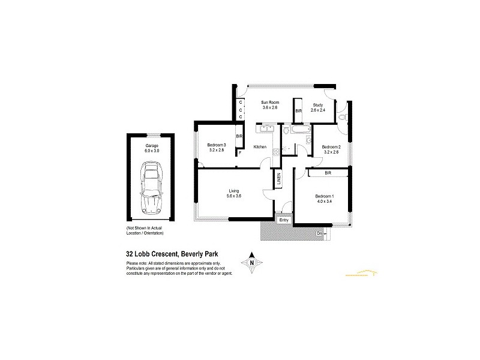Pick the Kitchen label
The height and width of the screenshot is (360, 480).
pyautogui.click(x=260, y=147)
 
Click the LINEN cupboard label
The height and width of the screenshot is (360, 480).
pyautogui.click(x=278, y=179)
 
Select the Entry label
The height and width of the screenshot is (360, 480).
pyautogui.click(x=284, y=220)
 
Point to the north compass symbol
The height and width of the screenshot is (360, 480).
pyautogui.click(x=252, y=262)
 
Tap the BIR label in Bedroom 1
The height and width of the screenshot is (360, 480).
pyautogui.click(x=328, y=173)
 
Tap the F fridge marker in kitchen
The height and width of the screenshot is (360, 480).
pyautogui.click(x=239, y=153)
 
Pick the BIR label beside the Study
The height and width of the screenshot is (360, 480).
pyautogui.click(x=298, y=111)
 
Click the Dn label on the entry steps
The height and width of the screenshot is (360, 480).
pyautogui.click(x=319, y=232)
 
